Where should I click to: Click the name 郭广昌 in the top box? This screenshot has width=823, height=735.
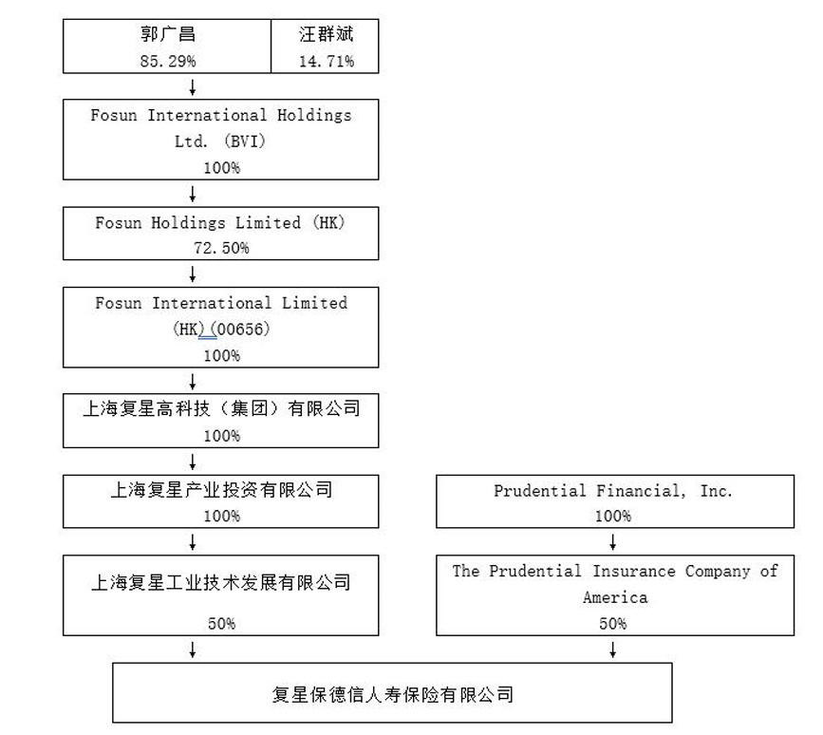[167, 35]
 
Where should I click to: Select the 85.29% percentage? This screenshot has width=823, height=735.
[167, 61]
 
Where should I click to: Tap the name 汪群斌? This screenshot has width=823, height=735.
[326, 35]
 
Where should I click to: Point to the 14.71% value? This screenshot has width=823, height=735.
[326, 61]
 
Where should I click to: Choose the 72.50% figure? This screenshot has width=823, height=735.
[221, 248]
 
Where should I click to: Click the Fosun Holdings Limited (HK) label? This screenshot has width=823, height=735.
[220, 223]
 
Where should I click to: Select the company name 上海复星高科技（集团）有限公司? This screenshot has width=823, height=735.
[221, 409]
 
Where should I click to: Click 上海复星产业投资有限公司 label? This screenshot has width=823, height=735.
[221, 490]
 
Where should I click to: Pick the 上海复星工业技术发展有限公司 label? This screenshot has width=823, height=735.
[221, 582]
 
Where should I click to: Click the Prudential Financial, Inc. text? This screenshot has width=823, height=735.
[613, 491]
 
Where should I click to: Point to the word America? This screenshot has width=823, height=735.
[614, 597]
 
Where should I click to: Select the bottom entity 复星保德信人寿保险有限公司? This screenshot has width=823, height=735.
[392, 694]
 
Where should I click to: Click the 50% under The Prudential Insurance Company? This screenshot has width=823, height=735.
[612, 623]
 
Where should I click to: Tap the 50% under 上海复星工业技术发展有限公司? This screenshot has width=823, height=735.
[221, 624]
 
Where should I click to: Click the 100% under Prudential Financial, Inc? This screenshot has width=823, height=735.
[612, 516]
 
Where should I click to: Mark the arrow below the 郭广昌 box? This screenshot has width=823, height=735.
[193, 87]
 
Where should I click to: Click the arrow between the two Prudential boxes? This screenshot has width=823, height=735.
[613, 542]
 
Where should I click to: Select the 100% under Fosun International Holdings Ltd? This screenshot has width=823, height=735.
[221, 167]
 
